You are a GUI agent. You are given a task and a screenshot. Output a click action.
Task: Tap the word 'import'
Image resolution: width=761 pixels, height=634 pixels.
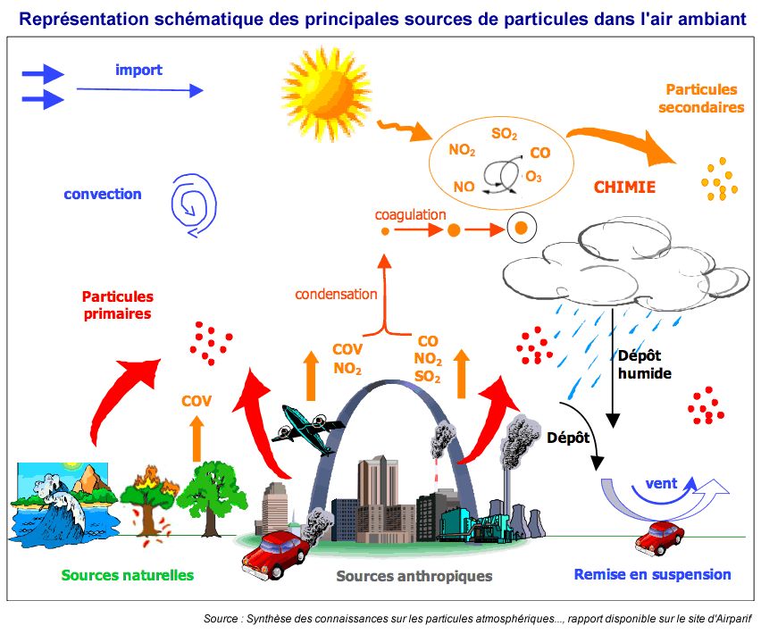point(138,69)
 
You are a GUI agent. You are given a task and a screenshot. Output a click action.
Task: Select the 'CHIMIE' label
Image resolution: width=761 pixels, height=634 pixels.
point(624,188)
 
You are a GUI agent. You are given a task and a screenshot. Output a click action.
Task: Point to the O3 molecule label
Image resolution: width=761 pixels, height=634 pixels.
point(533,177)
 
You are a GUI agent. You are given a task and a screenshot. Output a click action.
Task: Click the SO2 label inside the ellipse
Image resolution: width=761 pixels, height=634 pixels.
point(504,135)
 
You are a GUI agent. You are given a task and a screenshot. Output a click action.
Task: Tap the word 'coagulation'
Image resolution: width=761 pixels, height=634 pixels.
point(410,214)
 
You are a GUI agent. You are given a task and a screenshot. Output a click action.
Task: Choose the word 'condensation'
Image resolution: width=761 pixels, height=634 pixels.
point(336,294)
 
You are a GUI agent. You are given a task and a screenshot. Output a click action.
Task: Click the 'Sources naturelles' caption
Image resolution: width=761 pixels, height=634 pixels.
point(128,575)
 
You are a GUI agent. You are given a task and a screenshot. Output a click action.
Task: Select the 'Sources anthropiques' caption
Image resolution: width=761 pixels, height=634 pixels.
point(414,576)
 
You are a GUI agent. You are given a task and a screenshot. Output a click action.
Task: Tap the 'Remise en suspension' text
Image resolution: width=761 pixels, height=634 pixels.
point(652,575)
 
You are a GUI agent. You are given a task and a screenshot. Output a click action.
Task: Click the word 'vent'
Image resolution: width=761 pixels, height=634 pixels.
point(661,484)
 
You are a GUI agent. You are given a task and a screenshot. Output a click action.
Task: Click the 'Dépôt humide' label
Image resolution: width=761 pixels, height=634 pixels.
point(644,363)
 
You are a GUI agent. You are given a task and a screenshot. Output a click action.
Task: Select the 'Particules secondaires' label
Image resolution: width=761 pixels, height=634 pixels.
point(701,98)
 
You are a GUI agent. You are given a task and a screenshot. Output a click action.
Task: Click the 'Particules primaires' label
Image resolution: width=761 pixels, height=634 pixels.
point(118,304)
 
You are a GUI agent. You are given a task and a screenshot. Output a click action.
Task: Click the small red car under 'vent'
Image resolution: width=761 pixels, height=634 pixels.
point(660,538)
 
